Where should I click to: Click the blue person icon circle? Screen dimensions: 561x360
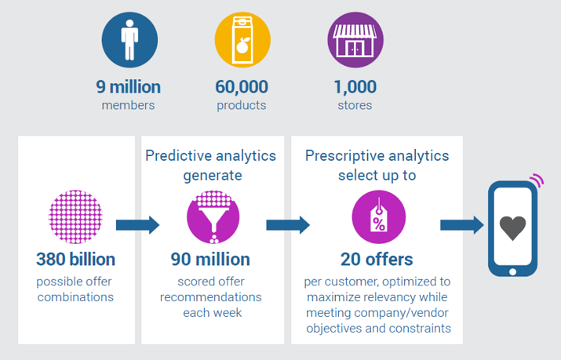click(x=129, y=40)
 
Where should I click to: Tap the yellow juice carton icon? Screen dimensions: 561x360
click(x=242, y=40)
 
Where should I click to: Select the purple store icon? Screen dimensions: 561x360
click(x=355, y=40)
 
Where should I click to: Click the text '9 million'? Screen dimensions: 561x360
click(x=128, y=87)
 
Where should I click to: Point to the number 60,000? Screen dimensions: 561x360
click(x=242, y=87)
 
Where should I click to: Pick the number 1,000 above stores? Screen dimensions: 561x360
click(x=355, y=87)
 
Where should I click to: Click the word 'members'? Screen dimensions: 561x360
click(x=128, y=105)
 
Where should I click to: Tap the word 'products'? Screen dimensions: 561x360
click(x=242, y=106)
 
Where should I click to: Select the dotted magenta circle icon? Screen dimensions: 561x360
click(x=75, y=216)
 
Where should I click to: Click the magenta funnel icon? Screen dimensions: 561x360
click(x=213, y=216)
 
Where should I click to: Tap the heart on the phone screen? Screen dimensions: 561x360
click(x=512, y=227)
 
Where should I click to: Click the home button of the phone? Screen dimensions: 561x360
click(x=512, y=271)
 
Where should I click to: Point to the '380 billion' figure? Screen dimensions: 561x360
click(x=75, y=259)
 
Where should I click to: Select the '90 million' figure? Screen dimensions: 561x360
click(x=210, y=259)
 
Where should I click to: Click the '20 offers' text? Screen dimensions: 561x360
click(x=377, y=259)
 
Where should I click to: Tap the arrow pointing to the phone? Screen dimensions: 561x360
click(x=462, y=225)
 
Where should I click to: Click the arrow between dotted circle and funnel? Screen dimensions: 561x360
click(x=138, y=225)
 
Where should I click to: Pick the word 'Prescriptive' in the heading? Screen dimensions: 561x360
click(x=344, y=156)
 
